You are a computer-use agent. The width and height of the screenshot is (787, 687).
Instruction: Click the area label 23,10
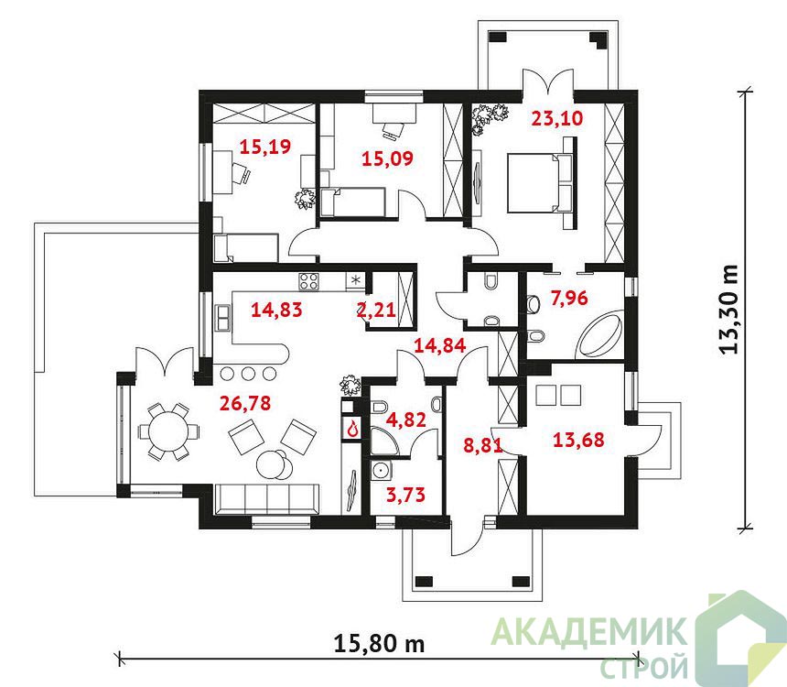pos(557,118)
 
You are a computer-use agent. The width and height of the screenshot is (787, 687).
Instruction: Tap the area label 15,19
pos(265,147)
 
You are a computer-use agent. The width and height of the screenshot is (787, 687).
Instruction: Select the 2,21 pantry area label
pos(376,310)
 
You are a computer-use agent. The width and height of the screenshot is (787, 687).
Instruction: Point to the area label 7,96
pos(569,298)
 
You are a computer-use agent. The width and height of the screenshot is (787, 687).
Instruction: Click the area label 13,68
pos(578,440)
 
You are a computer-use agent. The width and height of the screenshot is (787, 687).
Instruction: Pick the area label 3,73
pos(405,495)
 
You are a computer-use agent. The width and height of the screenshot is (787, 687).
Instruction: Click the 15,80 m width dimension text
pos(379,643)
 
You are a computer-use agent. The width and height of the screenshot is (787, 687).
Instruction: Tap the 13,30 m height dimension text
pos(728,310)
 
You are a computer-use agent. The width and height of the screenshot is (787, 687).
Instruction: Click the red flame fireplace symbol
pos(354,428)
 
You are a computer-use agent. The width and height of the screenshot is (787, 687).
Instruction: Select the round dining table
pos(168,431)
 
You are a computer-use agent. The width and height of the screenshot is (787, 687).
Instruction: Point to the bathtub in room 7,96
pos(601,334)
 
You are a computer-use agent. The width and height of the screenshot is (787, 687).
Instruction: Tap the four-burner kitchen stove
pos(308,281)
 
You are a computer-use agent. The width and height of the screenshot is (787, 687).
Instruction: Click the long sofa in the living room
pos(267,499)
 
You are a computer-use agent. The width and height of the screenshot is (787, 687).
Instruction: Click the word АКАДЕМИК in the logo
pos(589,631)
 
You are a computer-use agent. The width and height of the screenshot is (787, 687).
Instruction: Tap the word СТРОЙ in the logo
pos(644,667)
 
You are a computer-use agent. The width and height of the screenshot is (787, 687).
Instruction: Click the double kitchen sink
pos(223,318)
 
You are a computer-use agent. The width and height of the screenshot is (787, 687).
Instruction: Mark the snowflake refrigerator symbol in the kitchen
pos(355,280)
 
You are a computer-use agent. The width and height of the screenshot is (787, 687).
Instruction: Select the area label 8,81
pos(483,445)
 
